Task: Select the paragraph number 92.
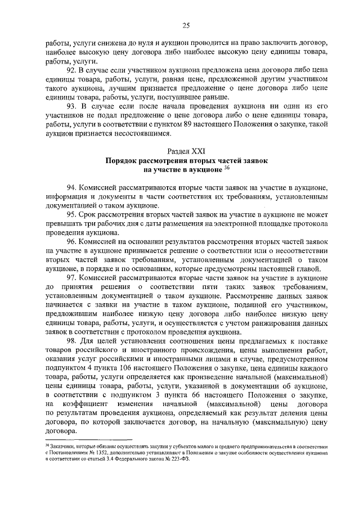pyautogui.click(x=71, y=70)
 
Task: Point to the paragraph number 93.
pyautogui.click(x=71, y=106)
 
